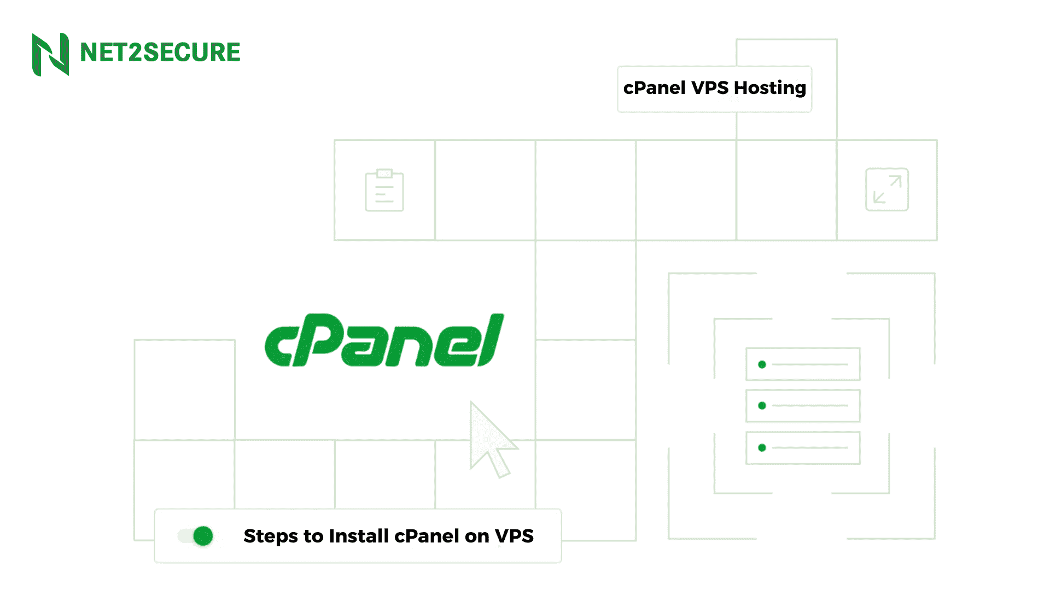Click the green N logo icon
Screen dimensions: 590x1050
pos(50,54)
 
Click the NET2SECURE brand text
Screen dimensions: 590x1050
pos(160,53)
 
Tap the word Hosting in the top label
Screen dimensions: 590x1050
pos(769,88)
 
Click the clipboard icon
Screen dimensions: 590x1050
pos(384,190)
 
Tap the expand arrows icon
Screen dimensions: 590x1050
pos(886,190)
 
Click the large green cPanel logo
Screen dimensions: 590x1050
pos(384,340)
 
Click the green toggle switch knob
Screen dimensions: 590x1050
pos(203,536)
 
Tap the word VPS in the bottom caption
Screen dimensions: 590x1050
pos(514,536)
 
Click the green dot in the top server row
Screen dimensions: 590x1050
pos(762,364)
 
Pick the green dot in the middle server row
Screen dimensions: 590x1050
pos(762,405)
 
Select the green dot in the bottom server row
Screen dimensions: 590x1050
pos(762,448)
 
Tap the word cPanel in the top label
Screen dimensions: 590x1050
pos(654,88)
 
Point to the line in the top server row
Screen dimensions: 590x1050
pos(810,364)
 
